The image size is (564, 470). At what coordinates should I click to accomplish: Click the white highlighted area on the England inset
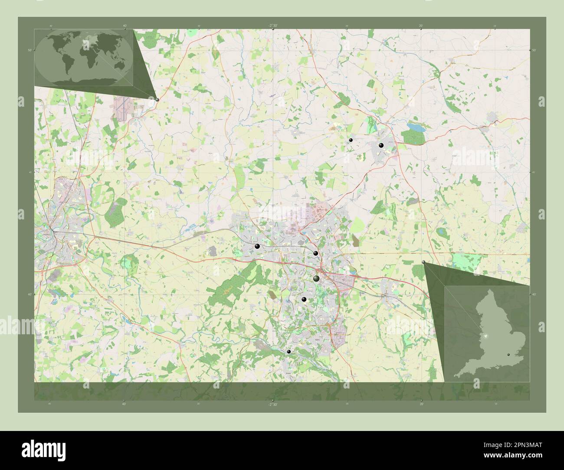[485, 336]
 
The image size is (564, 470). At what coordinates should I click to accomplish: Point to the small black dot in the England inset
[508, 355]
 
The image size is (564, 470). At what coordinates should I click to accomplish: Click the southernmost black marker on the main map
[289, 352]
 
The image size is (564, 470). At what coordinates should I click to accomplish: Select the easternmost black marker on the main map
[381, 146]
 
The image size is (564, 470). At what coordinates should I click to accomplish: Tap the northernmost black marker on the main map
[350, 140]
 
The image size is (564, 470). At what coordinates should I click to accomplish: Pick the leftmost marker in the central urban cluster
[257, 246]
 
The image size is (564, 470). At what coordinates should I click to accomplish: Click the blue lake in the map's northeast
[415, 127]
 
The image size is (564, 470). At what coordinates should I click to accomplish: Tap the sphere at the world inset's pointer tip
[157, 99]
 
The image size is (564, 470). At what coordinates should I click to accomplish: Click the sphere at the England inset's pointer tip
[423, 262]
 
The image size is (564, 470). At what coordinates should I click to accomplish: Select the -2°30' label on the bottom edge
[272, 405]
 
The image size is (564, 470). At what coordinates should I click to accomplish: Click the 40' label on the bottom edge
[124, 405]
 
